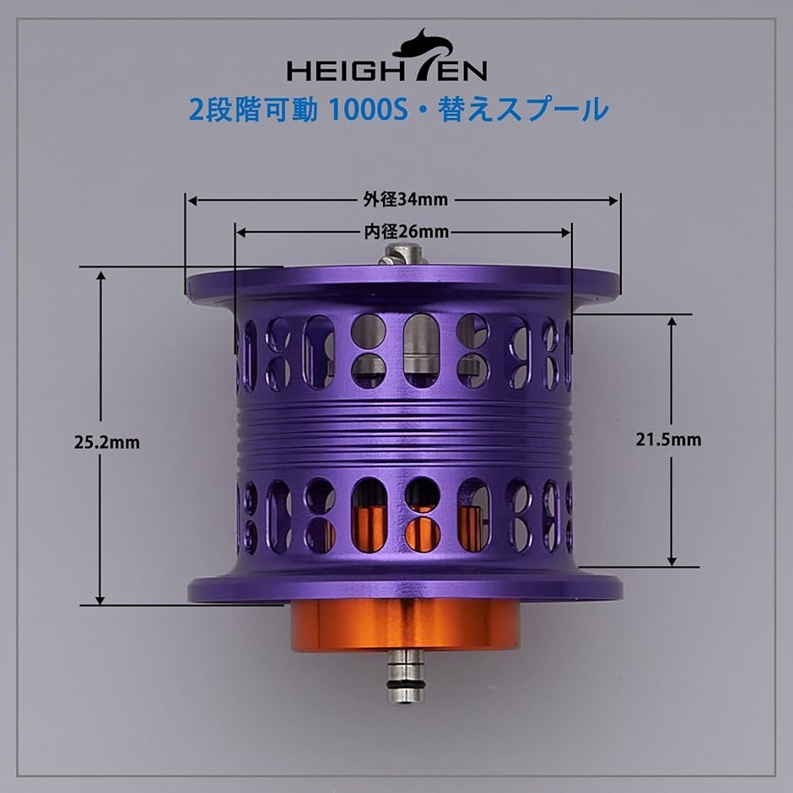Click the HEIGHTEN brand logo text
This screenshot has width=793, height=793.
click(386, 69)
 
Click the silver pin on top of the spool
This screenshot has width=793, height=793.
click(402, 254)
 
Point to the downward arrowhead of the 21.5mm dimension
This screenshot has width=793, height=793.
click(672, 559)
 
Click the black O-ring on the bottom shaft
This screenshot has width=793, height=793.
click(405, 672)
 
